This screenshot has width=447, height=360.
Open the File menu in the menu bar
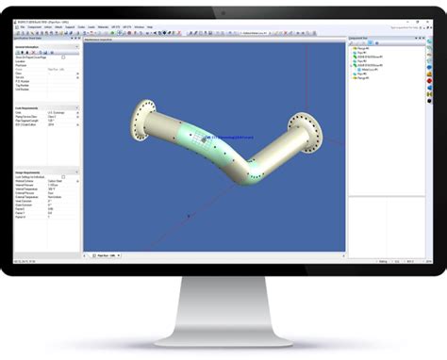pyautogui.click(x=21, y=26)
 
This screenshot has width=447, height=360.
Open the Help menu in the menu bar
pyautogui.click(x=150, y=26)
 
